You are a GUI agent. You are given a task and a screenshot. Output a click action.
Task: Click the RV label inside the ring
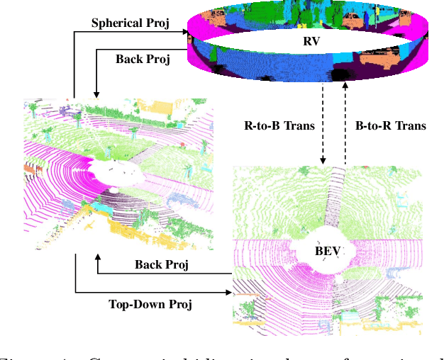point(311,41)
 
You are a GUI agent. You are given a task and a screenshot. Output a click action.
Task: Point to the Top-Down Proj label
point(150,305)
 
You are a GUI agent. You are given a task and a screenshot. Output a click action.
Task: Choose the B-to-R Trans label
point(389,126)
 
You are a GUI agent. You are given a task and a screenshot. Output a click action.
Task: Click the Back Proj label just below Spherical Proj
point(143,59)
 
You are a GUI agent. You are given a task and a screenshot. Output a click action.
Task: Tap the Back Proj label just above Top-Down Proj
point(162,264)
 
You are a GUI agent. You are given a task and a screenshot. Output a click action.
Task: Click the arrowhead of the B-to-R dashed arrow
point(345,86)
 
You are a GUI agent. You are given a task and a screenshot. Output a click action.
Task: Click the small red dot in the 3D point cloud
point(182,145)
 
